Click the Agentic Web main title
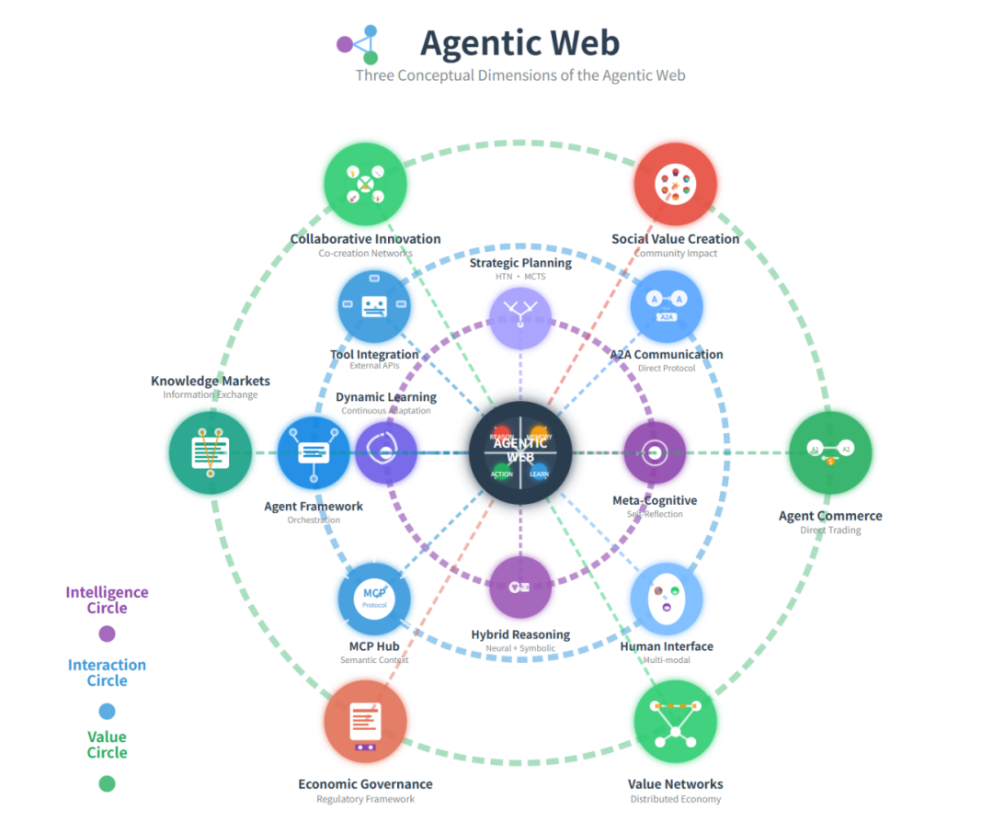tap(519, 42)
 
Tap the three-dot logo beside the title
tap(360, 43)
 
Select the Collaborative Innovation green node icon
tap(365, 183)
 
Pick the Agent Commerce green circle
tap(829, 452)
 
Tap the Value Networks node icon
tap(675, 722)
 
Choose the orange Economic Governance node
tap(365, 722)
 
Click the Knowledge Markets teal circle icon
tap(211, 452)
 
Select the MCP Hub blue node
tap(374, 599)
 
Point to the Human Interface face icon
tap(668, 599)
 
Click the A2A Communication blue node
tap(668, 306)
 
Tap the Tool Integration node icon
tap(374, 306)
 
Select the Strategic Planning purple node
tap(520, 318)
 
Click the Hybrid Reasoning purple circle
tap(520, 587)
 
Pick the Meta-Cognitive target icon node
tap(655, 452)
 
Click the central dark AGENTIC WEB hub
tap(520, 452)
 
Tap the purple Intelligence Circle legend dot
tap(107, 634)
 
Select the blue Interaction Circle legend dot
tap(107, 711)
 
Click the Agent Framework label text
tap(314, 507)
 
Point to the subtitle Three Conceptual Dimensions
tap(520, 75)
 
